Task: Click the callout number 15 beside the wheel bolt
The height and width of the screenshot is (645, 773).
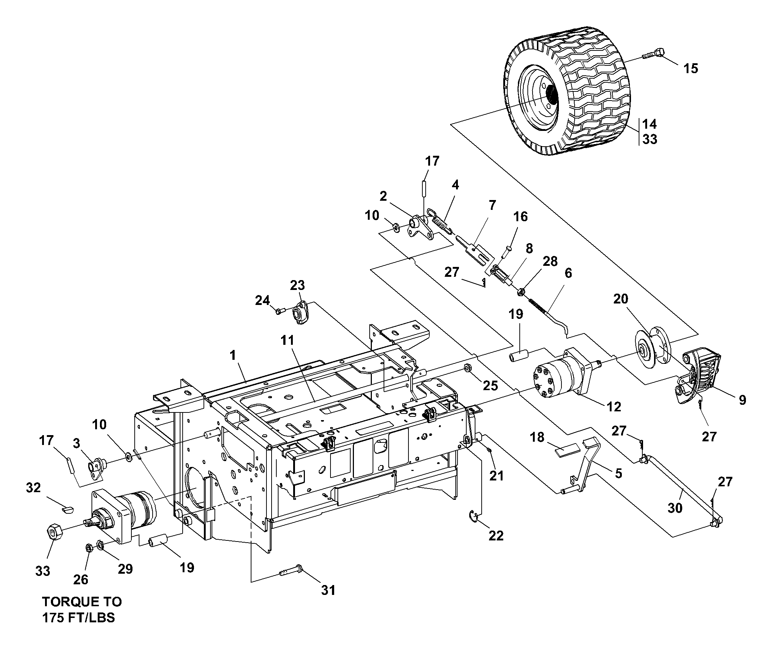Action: tap(691, 68)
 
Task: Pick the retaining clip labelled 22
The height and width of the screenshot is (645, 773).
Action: tap(475, 517)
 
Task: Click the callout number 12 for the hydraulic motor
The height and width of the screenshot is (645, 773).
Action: tap(614, 406)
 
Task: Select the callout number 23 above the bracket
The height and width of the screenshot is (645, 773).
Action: tap(298, 285)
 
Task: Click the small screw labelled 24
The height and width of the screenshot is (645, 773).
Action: tap(279, 312)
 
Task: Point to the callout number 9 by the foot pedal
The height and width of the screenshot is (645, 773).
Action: tap(742, 400)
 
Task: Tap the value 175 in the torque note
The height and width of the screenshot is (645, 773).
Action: tap(55, 618)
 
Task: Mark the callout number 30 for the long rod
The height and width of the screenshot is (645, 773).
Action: tap(675, 508)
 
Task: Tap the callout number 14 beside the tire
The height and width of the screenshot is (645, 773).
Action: tap(650, 124)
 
